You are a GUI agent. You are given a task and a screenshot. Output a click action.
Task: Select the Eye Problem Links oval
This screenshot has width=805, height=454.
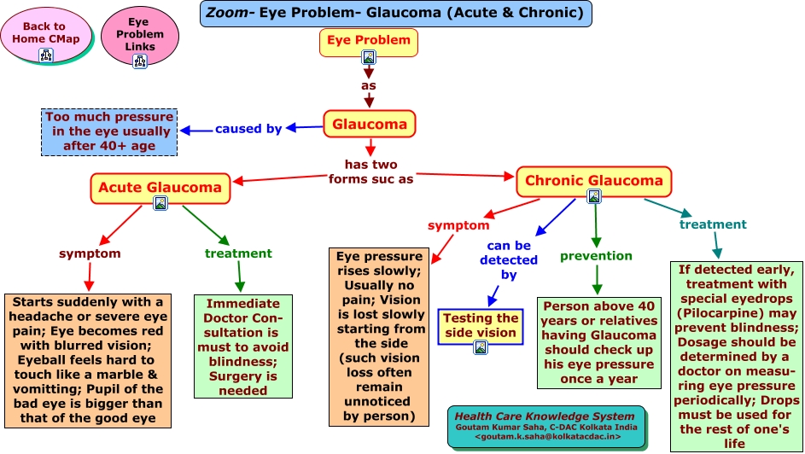pos(138,35)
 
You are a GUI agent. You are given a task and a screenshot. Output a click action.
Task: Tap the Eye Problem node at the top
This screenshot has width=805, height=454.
pos(369,40)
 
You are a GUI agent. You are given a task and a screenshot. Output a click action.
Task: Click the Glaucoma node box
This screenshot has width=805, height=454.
pos(370,125)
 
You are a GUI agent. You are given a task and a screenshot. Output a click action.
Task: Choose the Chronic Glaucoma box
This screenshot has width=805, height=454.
pos(593,181)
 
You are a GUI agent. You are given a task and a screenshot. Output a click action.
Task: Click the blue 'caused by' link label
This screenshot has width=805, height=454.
pos(248,129)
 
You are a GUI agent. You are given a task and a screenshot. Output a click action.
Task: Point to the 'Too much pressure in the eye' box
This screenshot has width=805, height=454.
pos(109,132)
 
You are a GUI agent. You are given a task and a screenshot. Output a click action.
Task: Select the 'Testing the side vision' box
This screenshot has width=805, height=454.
pos(481,325)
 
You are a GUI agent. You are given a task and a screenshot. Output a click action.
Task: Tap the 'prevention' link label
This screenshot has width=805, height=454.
pos(596,256)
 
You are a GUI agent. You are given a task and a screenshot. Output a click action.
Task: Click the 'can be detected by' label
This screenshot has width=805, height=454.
pos(509,260)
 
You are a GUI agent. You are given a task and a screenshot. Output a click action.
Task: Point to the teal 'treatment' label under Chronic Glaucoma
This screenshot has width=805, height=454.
pos(713,224)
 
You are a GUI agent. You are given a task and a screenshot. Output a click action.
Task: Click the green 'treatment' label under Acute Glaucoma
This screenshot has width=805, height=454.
pos(238,253)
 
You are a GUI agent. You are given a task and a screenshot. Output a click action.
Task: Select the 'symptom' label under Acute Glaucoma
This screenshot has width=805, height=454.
pos(90,253)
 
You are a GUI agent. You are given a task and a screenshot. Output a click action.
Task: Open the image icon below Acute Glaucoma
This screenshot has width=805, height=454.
pos(160,204)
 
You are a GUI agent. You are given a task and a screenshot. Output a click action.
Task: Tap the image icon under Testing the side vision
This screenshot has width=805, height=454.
pos(481,346)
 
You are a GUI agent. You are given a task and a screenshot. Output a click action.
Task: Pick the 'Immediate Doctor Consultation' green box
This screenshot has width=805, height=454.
pos(243,346)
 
